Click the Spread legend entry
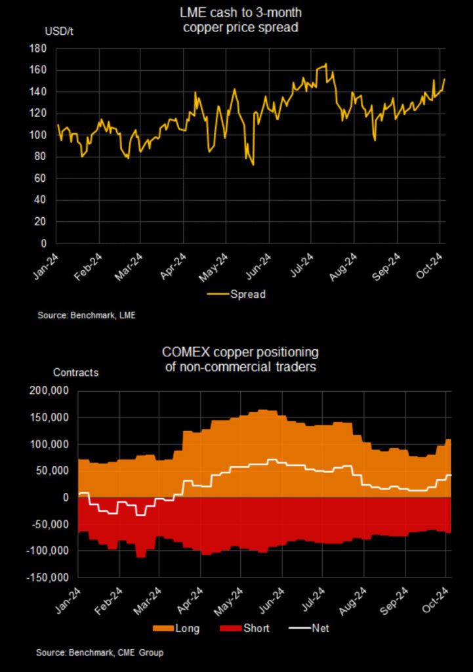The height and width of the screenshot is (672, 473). coord(247,295)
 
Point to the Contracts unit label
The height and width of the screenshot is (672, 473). coord(75,373)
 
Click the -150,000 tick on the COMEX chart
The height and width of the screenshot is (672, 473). coord(47,577)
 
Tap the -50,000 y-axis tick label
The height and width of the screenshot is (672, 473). coord(49,524)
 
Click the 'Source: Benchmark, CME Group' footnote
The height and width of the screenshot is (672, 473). coord(100,652)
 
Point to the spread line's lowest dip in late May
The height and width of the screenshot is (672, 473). coord(252,164)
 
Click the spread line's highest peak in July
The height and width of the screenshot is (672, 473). coord(325,64)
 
